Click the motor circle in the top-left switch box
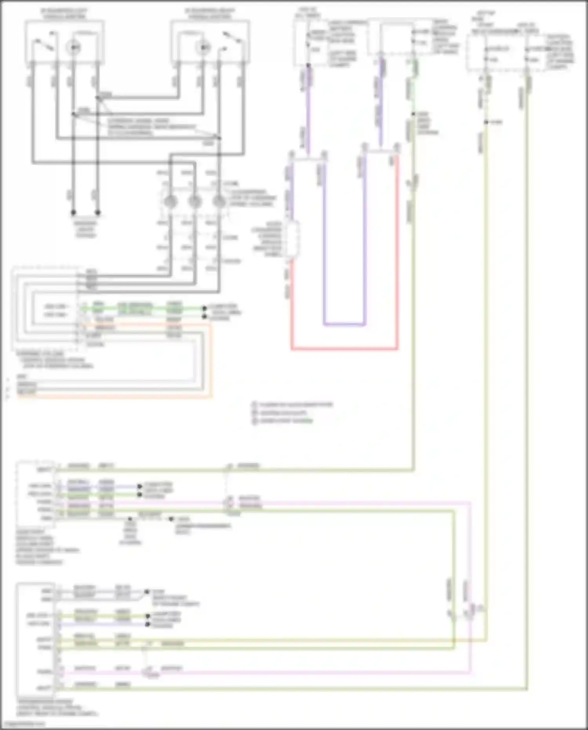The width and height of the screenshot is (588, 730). pos(73,47)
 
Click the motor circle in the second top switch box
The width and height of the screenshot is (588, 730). pos(203,47)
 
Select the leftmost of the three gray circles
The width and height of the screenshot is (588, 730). pos(170,202)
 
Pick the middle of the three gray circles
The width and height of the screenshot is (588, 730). pos(194,202)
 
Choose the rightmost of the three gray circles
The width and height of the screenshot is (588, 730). pos(219,202)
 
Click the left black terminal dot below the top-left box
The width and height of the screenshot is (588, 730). pos(73,213)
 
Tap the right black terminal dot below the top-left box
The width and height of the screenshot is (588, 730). pos(98,213)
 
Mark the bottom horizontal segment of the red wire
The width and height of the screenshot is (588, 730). pos(344,348)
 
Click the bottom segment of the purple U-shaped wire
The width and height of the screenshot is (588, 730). pos(344,325)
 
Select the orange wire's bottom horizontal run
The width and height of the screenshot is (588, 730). pos(114,397)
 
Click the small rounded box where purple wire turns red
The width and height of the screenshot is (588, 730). pos(292,239)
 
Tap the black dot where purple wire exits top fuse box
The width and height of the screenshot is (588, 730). pos(308,66)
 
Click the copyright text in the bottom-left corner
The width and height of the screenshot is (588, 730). pos(24,724)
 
